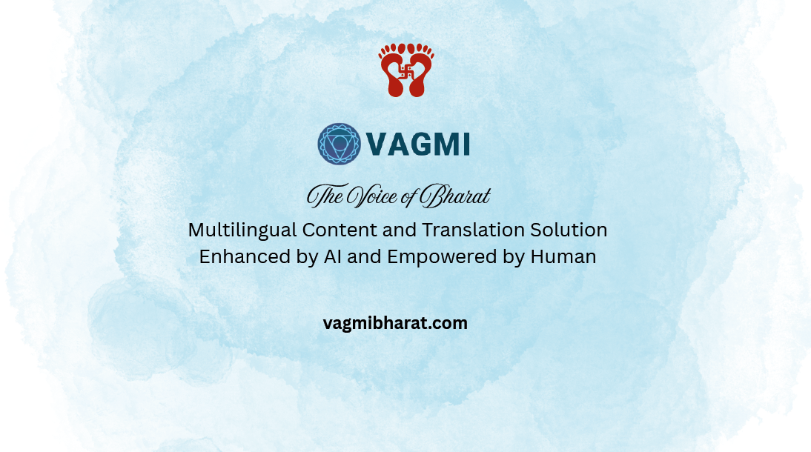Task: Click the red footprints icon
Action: click(406, 70)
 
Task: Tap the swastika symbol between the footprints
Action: click(406, 71)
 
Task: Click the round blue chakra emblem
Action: click(339, 144)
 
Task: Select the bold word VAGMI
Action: click(418, 144)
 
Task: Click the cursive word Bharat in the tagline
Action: click(454, 196)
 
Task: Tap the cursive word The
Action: click(325, 196)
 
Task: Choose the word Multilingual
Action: click(242, 230)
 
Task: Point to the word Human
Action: click(563, 256)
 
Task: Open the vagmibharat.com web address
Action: click(395, 323)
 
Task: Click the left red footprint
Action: click(392, 70)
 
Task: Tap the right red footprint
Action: click(420, 70)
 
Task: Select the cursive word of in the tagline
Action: click(408, 197)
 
